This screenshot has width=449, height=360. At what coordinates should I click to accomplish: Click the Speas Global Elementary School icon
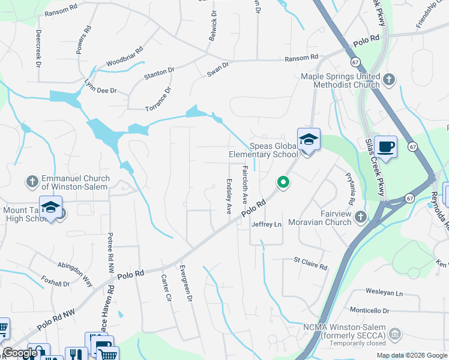[309, 140]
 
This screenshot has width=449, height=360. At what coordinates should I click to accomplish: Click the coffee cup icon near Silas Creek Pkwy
[385, 146]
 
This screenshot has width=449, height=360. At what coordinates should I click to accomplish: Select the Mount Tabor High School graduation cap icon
[52, 207]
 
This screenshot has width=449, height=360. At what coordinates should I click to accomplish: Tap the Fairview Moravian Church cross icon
[360, 216]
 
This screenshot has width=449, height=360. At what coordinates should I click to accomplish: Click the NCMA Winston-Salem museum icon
[394, 333]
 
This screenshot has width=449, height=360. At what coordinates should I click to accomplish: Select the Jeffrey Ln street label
[266, 224]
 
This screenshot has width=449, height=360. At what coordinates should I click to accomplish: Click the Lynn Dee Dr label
[100, 86]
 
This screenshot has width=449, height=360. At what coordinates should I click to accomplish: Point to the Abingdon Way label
[75, 274]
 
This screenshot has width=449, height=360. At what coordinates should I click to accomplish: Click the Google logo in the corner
[20, 353]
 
